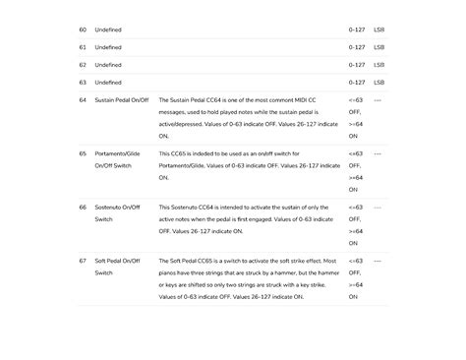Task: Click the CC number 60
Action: tap(83, 30)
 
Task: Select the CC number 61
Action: tap(83, 47)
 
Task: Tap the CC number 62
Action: tap(83, 65)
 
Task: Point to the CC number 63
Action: tap(83, 83)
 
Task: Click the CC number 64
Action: tap(83, 100)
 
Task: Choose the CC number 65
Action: tap(83, 154)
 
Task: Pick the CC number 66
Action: tap(83, 208)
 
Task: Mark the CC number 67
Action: tap(83, 261)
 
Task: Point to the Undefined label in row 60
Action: tap(108, 30)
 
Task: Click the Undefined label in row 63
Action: tap(108, 83)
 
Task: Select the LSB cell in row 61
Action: tap(379, 47)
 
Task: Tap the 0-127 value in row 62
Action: tap(357, 65)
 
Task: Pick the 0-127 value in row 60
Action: tap(357, 30)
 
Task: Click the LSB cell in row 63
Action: tap(379, 83)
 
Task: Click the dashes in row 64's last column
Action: tap(378, 100)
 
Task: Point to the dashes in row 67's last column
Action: tap(378, 261)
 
